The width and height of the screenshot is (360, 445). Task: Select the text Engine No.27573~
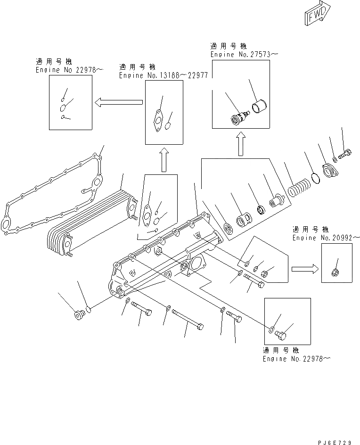click(244, 55)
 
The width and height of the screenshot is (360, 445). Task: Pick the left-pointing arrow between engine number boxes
click(118, 101)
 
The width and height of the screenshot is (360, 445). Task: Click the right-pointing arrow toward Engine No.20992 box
click(304, 269)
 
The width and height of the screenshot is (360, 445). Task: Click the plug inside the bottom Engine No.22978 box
click(282, 334)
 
